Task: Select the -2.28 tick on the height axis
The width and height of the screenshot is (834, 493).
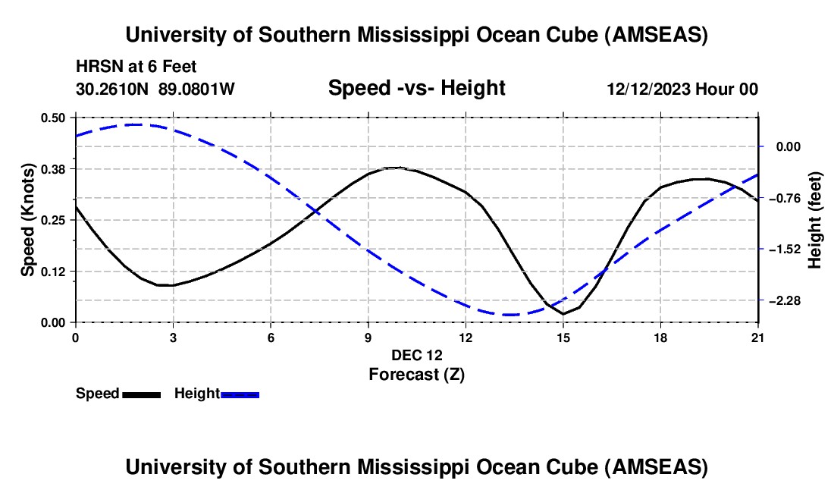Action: pyautogui.click(x=785, y=300)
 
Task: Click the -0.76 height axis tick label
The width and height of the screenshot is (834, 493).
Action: pyautogui.click(x=785, y=198)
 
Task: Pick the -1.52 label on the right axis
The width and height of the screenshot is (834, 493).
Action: pyautogui.click(x=785, y=249)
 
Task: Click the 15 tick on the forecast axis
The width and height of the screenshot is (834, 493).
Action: pyautogui.click(x=563, y=337)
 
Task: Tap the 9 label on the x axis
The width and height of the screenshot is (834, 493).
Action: pyautogui.click(x=368, y=337)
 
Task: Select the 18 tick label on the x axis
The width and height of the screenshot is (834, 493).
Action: pyautogui.click(x=660, y=337)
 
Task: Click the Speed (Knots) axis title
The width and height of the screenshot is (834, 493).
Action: pyautogui.click(x=28, y=220)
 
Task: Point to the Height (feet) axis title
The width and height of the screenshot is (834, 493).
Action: pyautogui.click(x=816, y=220)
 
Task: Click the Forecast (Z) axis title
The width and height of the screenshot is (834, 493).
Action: pyautogui.click(x=416, y=374)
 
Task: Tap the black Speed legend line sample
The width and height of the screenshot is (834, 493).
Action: pyautogui.click(x=141, y=394)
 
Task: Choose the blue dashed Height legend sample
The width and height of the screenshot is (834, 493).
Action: pyautogui.click(x=240, y=394)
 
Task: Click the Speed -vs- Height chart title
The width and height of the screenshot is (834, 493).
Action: pyautogui.click(x=416, y=88)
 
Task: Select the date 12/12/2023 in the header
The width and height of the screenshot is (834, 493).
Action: pyautogui.click(x=649, y=89)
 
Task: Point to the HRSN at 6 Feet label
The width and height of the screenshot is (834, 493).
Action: pyautogui.click(x=136, y=68)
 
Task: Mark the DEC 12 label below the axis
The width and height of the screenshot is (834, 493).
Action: pyautogui.click(x=416, y=355)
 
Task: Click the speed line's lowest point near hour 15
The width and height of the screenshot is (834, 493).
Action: pyautogui.click(x=563, y=313)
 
